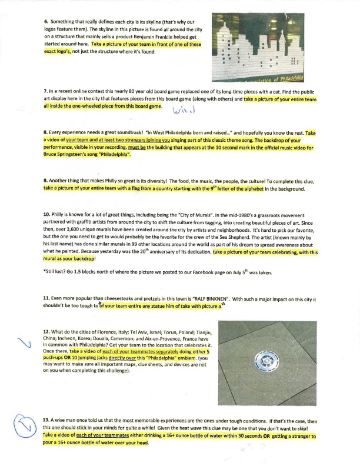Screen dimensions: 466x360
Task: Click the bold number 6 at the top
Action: tap(45, 22)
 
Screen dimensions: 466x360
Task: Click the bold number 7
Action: tap(45, 93)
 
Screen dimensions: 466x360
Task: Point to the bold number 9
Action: tap(45, 179)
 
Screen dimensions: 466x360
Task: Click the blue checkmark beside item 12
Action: tap(24, 346)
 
